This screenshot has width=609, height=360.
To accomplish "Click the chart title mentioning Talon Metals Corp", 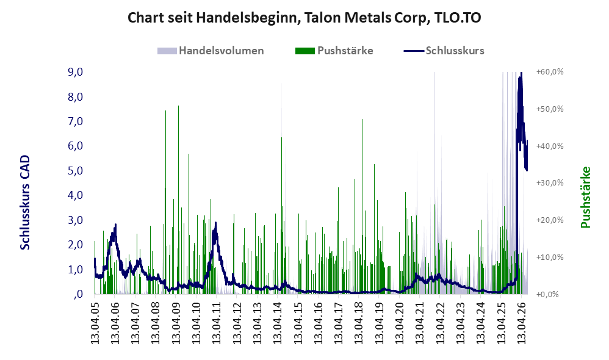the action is tap(304, 18).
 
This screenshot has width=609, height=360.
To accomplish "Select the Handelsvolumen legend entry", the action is tap(211, 51).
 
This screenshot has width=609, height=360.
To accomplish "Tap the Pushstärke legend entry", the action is tap(334, 51).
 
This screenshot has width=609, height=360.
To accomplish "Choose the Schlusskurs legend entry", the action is tap(444, 51).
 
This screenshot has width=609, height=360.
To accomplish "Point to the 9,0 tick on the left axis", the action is tap(75, 72).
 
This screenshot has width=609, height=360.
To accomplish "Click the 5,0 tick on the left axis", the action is tap(75, 170).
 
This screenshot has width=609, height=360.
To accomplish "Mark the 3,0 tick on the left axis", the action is tap(75, 220).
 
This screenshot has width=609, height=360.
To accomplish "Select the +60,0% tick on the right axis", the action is tap(550, 72).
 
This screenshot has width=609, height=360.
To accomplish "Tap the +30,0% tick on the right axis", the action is tap(550, 183).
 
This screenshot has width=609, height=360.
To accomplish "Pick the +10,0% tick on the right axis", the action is tap(550, 257).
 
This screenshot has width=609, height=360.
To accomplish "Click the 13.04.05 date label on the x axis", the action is tap(95, 322).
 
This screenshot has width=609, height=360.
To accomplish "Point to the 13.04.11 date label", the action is tap(217, 322).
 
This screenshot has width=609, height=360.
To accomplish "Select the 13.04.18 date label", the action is tap(359, 322).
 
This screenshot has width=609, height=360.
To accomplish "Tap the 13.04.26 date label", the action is tap(521, 322).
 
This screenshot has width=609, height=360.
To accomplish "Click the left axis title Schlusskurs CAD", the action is tap(25, 203).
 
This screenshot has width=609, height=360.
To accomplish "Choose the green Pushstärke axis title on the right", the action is tap(585, 197).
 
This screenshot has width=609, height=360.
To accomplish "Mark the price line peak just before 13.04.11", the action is tap(215, 223).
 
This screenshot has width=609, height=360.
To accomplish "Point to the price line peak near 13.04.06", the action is tap(115, 225).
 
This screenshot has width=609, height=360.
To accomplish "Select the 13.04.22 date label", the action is tap(440, 322).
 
